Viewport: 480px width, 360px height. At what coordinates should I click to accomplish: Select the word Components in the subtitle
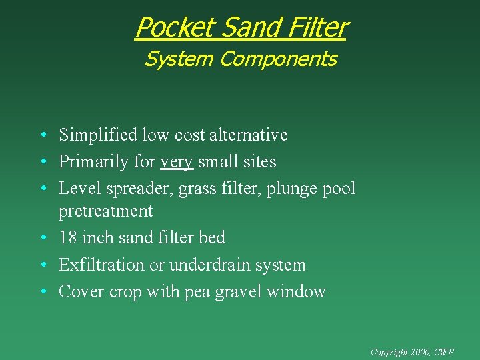278,59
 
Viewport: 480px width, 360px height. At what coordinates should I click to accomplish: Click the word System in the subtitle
179,59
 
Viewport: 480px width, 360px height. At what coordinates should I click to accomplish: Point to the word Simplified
98,135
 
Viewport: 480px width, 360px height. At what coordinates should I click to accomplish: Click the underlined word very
177,162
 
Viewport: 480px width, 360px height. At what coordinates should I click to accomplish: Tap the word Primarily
90,162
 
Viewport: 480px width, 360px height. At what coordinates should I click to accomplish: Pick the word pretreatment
106,211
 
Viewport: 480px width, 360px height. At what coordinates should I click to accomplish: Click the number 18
68,238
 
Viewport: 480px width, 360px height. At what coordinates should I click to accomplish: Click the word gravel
239,292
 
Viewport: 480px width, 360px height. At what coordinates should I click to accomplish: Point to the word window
296,292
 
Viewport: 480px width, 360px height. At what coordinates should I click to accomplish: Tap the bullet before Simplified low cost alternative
42,135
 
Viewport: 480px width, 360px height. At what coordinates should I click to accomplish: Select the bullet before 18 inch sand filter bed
42,238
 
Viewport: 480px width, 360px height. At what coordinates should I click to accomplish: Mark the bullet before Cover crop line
42,292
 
